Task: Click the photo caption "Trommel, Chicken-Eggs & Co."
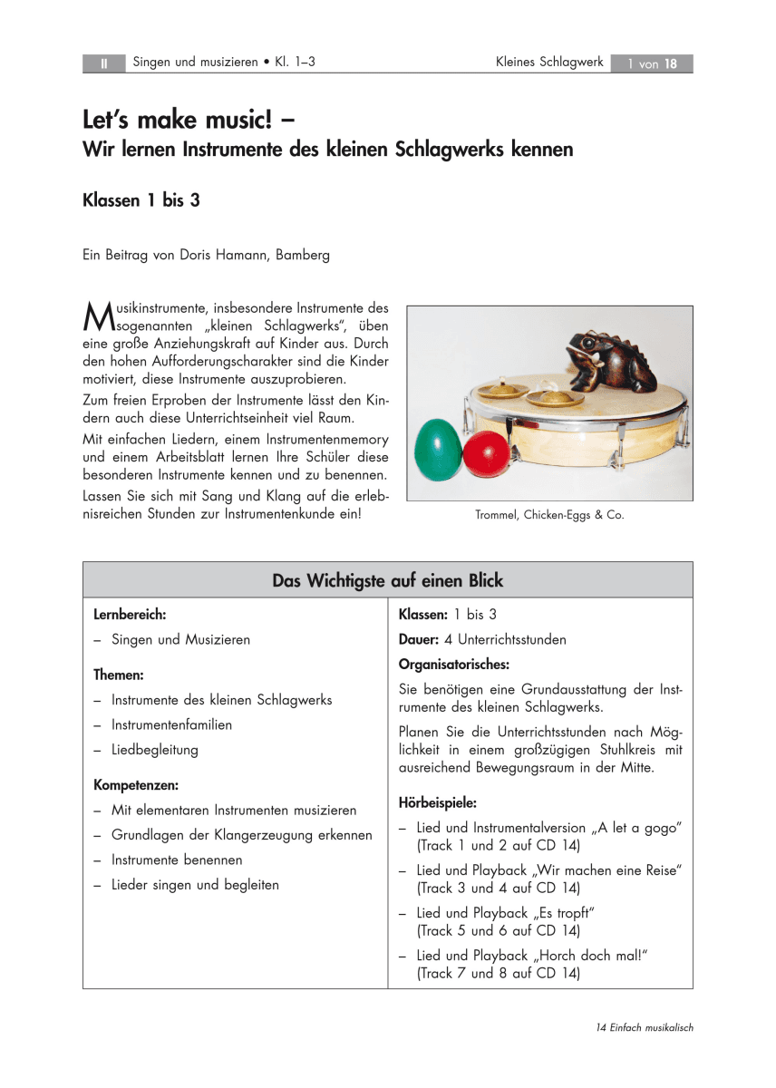(549, 515)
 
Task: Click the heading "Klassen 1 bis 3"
(141, 200)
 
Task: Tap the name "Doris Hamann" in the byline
(201, 255)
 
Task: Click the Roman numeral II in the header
(104, 63)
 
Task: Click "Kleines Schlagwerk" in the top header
(549, 63)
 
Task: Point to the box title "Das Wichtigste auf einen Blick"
(387, 580)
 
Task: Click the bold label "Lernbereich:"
(130, 615)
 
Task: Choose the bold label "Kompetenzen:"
(136, 783)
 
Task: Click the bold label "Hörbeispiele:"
(438, 802)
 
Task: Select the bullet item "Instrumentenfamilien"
(171, 724)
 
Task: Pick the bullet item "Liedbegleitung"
(154, 750)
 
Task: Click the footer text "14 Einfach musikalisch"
(645, 1027)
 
